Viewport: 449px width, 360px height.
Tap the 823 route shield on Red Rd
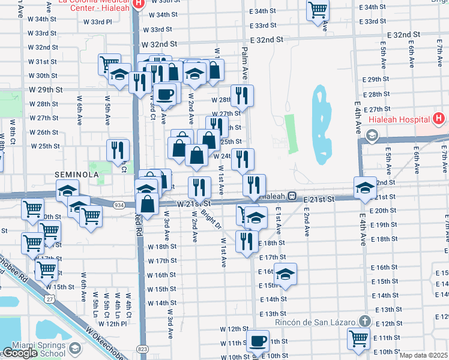(x=142, y=349)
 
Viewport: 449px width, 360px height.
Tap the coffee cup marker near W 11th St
(x=258, y=341)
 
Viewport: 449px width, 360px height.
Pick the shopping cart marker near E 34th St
(x=318, y=10)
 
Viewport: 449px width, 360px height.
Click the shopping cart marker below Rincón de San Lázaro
(x=359, y=337)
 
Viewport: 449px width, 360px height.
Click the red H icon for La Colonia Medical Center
(x=139, y=3)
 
